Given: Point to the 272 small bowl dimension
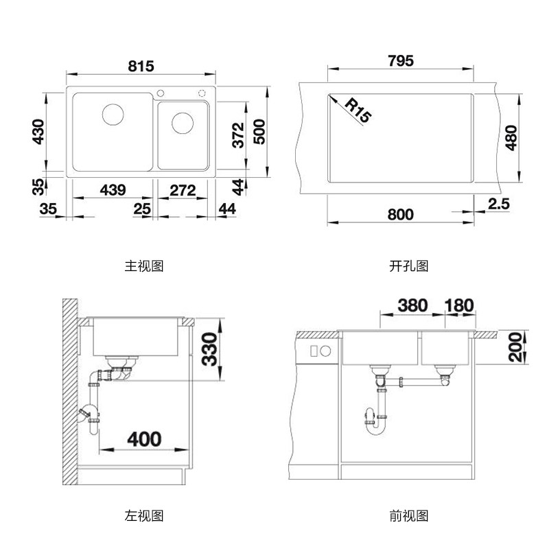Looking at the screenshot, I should coord(183,190).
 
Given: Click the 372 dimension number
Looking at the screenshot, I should coord(237,135).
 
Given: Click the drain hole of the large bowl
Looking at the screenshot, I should coord(112,113).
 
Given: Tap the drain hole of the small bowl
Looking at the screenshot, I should coord(183,123).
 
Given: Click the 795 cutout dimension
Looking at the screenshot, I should coord(400,61).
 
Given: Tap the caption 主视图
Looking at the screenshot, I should coord(144,266).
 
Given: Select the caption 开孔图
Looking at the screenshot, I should coord(408,266).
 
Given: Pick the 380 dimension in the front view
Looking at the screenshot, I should coord(411,305).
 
